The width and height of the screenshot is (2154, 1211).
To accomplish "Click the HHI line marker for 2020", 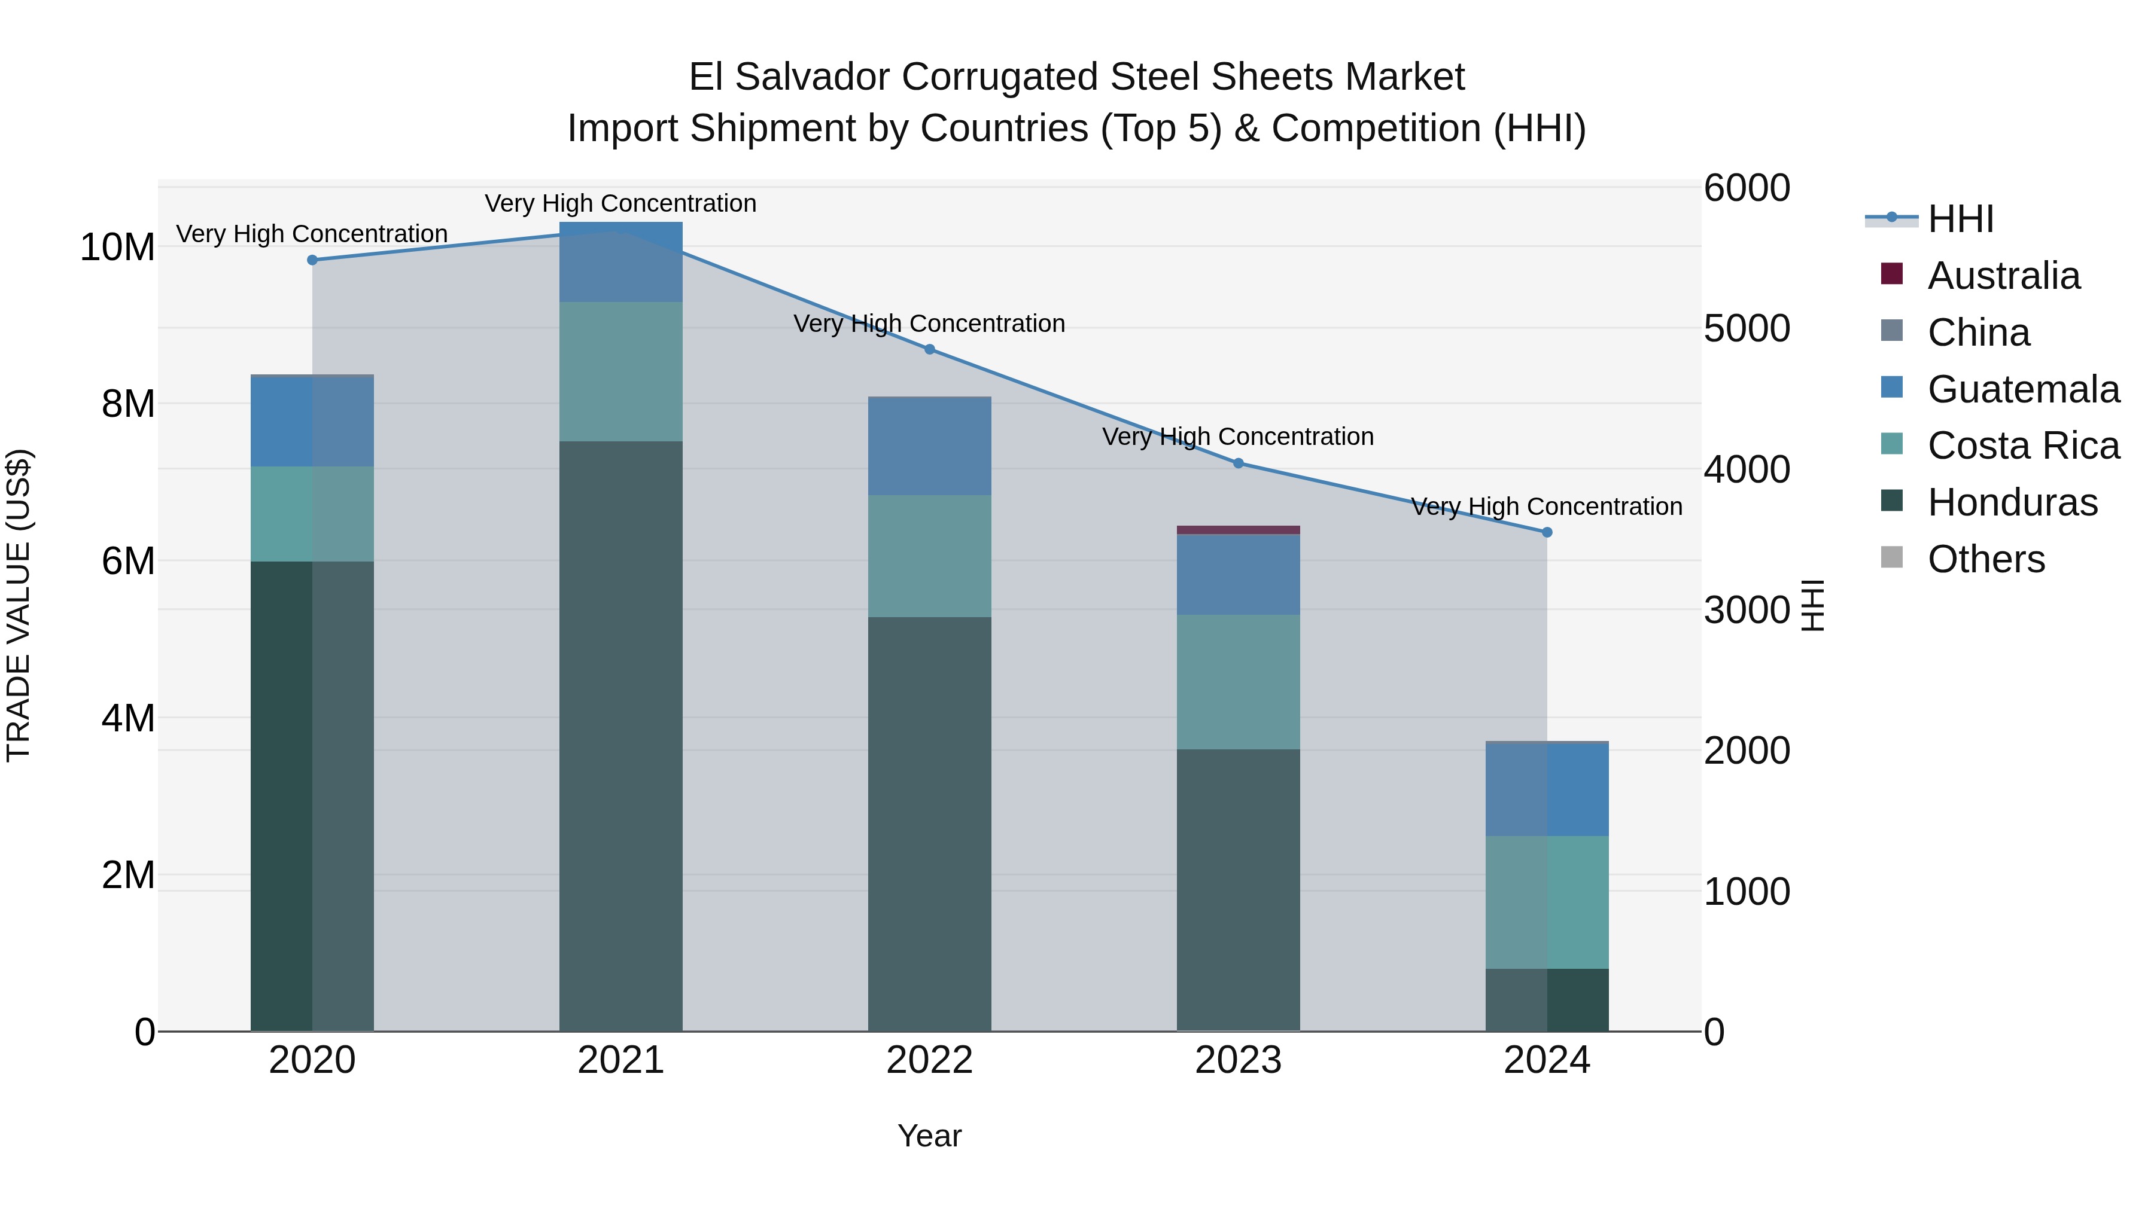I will (x=313, y=260).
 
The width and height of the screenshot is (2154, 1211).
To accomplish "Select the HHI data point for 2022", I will (x=930, y=349).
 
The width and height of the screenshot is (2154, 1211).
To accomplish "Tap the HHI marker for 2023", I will (x=1239, y=463).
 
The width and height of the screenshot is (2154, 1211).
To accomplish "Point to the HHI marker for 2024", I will (x=1547, y=532).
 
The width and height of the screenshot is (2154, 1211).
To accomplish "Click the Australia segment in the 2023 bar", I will (x=1239, y=530).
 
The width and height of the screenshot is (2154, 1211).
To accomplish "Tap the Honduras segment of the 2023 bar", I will (x=1239, y=890).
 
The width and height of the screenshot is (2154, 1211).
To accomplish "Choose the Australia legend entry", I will (x=2003, y=276).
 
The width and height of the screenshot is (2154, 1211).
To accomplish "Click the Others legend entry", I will (x=1986, y=559).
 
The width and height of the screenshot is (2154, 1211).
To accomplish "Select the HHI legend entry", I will (x=1961, y=219).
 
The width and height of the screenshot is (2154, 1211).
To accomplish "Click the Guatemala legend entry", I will (x=2024, y=389).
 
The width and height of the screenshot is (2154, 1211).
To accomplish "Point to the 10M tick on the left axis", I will (x=117, y=248).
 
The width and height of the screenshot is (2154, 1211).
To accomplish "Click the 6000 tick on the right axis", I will (x=1747, y=188).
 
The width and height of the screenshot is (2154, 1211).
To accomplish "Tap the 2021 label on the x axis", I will (x=620, y=1060).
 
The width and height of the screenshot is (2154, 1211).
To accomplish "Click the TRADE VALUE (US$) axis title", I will (x=19, y=605).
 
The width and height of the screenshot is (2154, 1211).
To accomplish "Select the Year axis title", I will (x=929, y=1136).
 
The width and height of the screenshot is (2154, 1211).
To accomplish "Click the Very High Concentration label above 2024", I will (x=1546, y=507).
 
